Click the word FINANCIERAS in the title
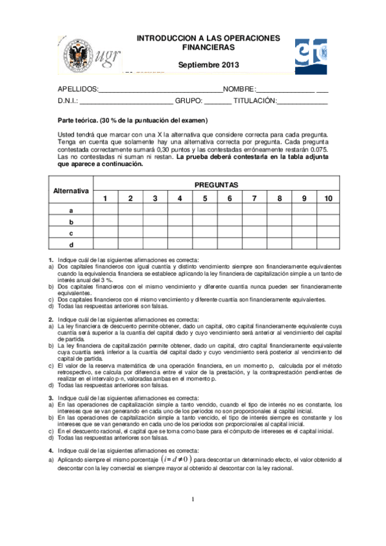[208, 48]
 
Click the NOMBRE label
[238, 89]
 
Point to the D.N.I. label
[68, 101]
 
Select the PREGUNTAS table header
[217, 185]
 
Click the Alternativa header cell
[71, 191]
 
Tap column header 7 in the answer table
[255, 198]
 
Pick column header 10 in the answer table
[328, 198]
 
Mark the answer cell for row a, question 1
[106, 210]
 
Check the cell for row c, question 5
[205, 232]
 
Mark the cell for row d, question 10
[328, 244]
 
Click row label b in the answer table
[71, 221]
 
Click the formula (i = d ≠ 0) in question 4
[175, 460]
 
